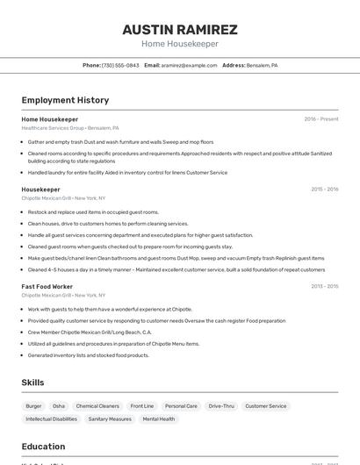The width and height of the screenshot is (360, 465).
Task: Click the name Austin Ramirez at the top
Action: pyautogui.click(x=179, y=30)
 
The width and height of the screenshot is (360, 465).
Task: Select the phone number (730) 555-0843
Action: pyautogui.click(x=120, y=65)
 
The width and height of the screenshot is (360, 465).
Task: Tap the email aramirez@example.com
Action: pyautogui.click(x=189, y=65)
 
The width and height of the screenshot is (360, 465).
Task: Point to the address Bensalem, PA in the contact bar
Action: pyautogui.click(x=262, y=65)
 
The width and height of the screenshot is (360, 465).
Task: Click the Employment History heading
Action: pyautogui.click(x=65, y=100)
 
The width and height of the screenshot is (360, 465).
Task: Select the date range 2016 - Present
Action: pyautogui.click(x=320, y=119)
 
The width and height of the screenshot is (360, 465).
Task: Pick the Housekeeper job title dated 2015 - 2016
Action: pyautogui.click(x=40, y=190)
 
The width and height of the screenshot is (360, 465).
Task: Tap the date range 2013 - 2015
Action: pyautogui.click(x=324, y=286)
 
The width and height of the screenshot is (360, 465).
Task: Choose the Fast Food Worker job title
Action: pyautogui.click(x=47, y=286)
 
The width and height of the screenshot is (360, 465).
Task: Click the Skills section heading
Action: pyautogui.click(x=32, y=383)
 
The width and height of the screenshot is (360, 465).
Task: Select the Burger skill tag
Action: pyautogui.click(x=33, y=406)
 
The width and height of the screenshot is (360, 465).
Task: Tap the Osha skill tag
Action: pyautogui.click(x=59, y=406)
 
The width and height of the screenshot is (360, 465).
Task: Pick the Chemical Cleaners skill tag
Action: pyautogui.click(x=97, y=406)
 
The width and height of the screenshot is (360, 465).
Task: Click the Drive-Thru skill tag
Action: pyautogui.click(x=221, y=406)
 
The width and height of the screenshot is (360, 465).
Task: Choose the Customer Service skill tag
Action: pyautogui.click(x=265, y=406)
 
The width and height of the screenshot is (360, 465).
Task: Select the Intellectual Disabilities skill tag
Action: pyautogui.click(x=51, y=419)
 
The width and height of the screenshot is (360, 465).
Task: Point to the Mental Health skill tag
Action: pyautogui.click(x=159, y=419)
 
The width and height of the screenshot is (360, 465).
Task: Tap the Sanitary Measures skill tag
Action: pyautogui.click(x=110, y=419)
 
